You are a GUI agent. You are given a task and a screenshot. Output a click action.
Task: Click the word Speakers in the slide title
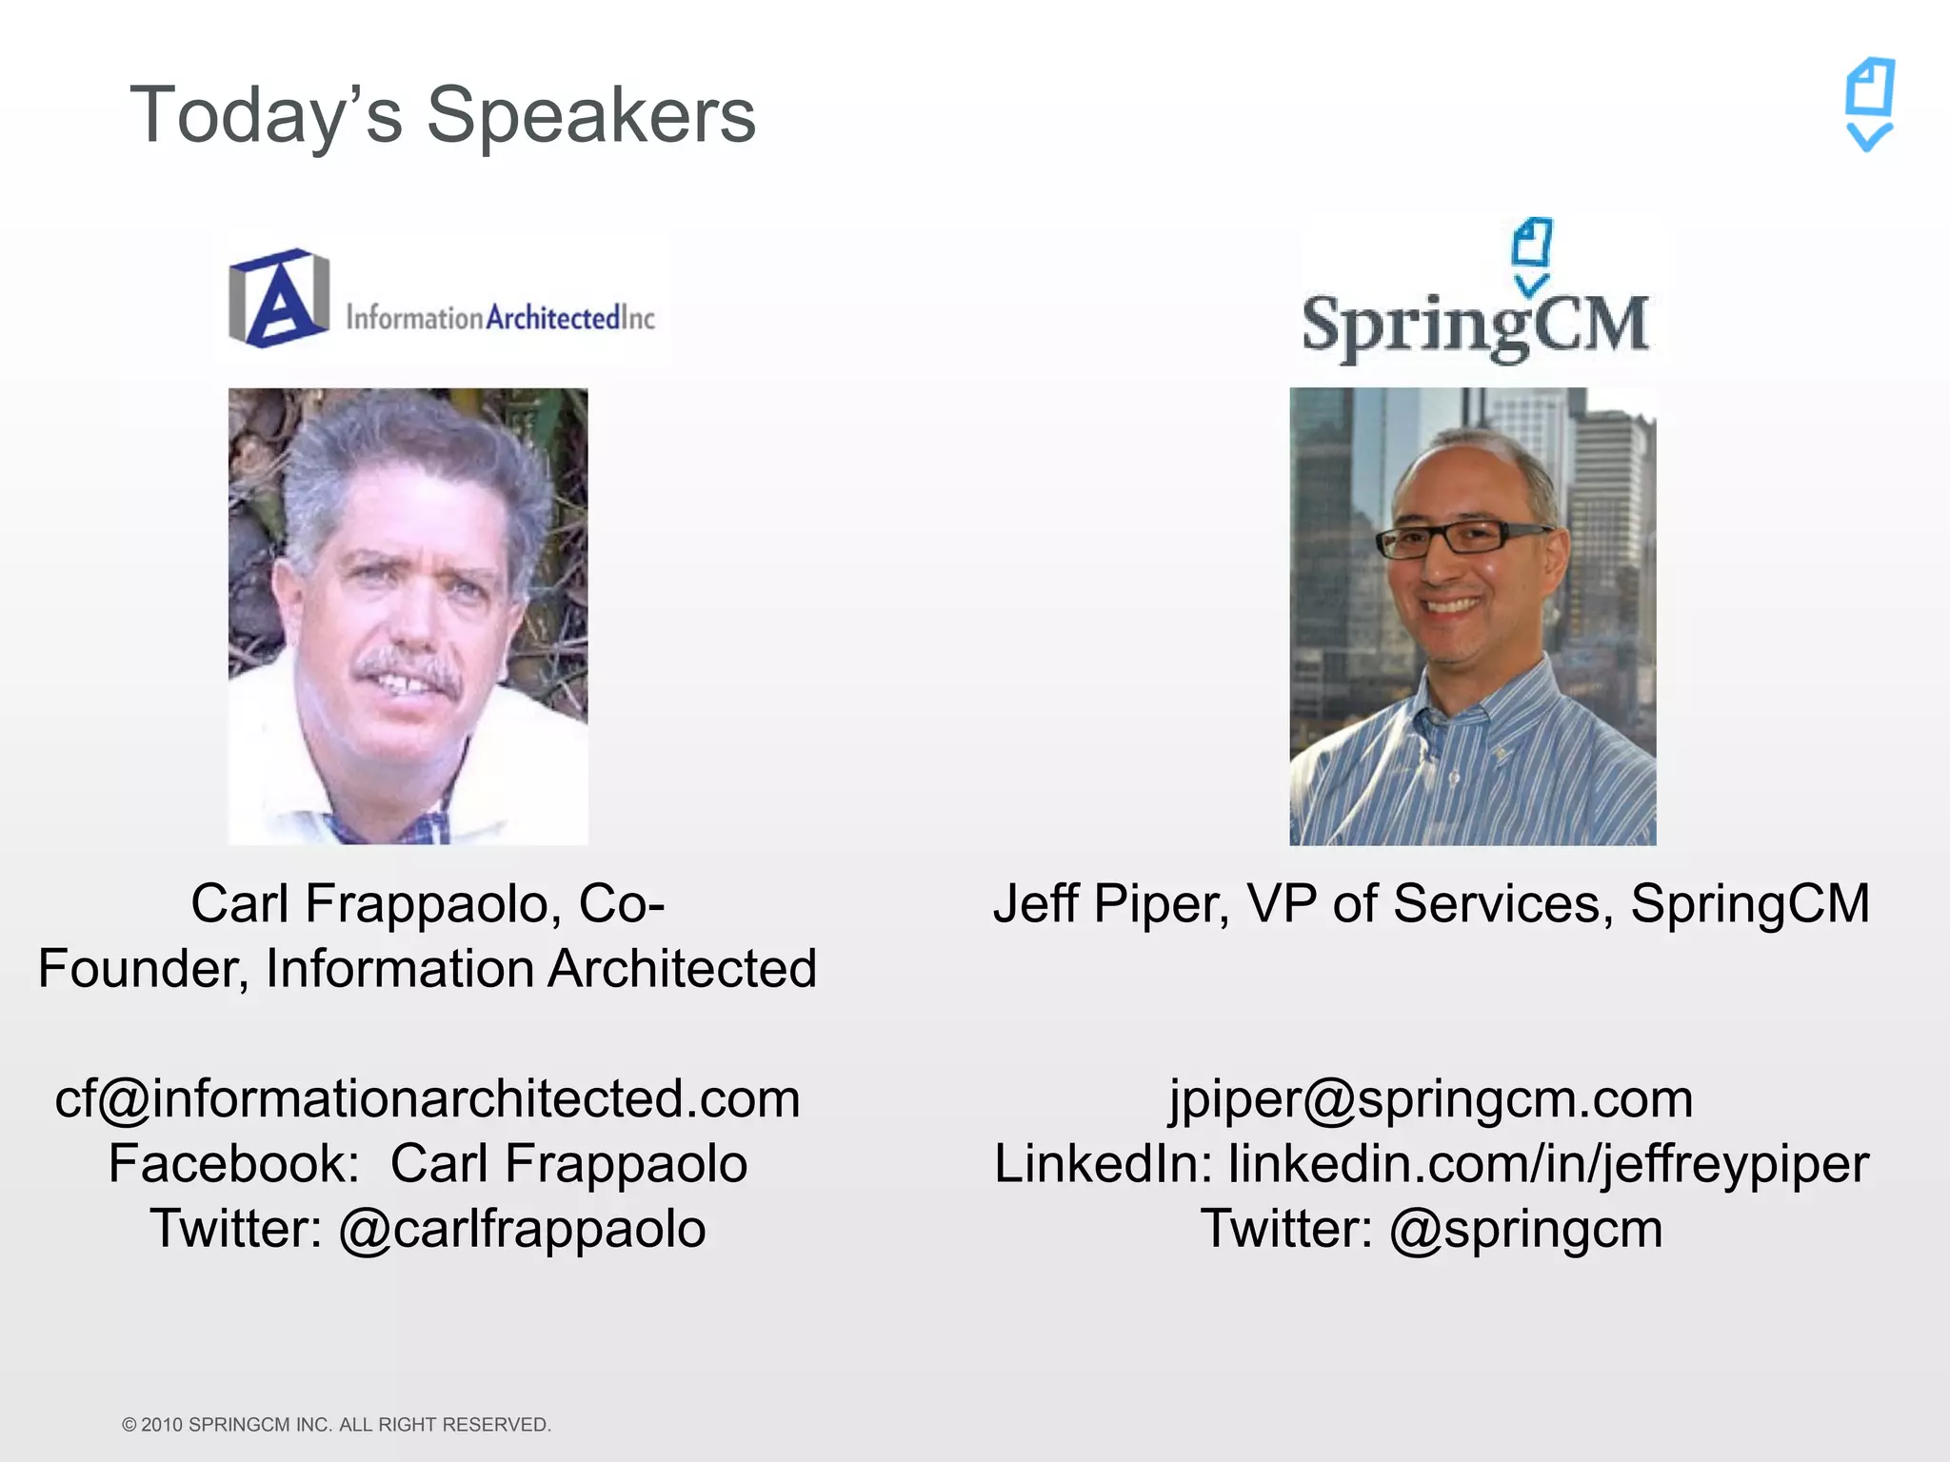point(590,116)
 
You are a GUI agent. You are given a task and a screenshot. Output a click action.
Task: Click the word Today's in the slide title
point(266,116)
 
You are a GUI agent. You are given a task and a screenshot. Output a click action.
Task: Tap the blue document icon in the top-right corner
point(1870,103)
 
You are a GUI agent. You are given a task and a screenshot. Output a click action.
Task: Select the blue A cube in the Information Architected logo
point(278,298)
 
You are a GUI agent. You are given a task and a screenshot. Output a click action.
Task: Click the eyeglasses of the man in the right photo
point(1464,538)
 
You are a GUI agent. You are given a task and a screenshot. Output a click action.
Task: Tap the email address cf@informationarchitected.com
point(428,1098)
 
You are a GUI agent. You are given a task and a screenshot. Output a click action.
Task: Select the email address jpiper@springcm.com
point(1431,1098)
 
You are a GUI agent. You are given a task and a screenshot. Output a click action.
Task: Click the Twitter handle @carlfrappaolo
point(522,1228)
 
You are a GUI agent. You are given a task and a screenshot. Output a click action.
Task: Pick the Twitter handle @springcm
point(1526,1228)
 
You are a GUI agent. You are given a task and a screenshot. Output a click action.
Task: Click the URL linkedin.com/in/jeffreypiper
point(1548,1163)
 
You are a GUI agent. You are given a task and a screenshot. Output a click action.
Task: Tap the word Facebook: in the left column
point(234,1163)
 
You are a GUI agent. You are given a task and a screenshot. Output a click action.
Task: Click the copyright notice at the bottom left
point(337,1425)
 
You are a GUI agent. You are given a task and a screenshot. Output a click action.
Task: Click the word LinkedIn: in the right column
point(1103,1163)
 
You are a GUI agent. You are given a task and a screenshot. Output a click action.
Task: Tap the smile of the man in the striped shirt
point(1452,605)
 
